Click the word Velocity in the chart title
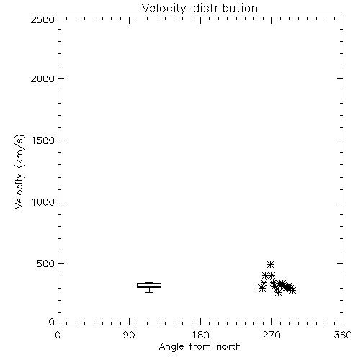click(164, 9)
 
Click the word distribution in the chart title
click(225, 8)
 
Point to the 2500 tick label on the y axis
click(42, 19)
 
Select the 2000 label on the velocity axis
click(42, 78)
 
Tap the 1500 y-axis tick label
click(43, 140)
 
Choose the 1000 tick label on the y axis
click(43, 202)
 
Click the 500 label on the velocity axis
click(46, 264)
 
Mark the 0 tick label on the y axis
click(52, 322)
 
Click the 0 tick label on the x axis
click(58, 335)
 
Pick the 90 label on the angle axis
click(129, 335)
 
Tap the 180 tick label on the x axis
click(200, 335)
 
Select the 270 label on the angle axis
click(271, 335)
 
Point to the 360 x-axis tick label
click(343, 335)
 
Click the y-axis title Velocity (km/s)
click(19, 171)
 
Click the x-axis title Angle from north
click(200, 347)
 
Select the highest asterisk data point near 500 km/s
click(271, 264)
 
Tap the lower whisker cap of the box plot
click(149, 292)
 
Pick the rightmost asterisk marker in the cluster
click(292, 290)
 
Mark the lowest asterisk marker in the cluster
click(278, 292)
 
